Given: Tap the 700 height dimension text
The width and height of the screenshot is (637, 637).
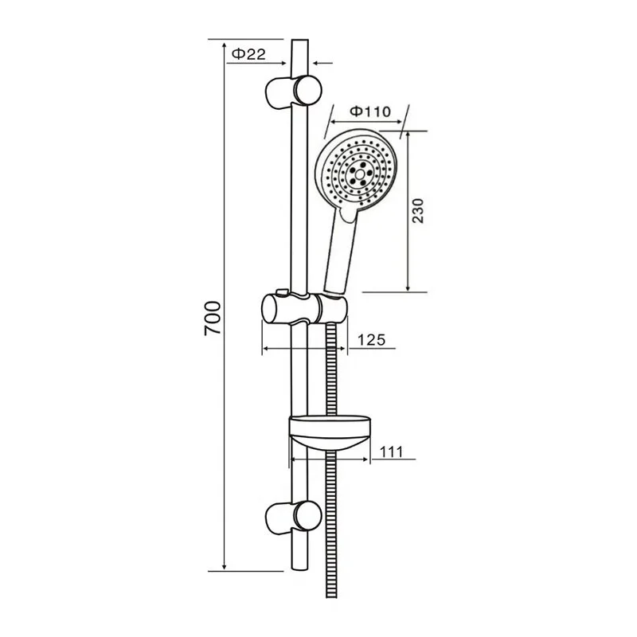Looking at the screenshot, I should [211, 318].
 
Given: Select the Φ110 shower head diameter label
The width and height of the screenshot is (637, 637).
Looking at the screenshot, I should [369, 111].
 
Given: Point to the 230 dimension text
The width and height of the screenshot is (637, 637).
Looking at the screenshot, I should [421, 211].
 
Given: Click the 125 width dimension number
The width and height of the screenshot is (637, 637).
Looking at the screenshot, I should [370, 340].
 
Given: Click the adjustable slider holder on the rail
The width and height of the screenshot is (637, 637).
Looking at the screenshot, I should [303, 307].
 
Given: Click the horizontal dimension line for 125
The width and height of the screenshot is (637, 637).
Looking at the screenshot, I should [303, 348].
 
